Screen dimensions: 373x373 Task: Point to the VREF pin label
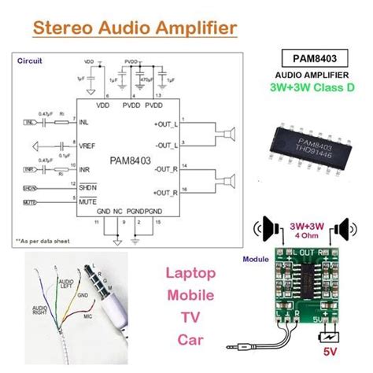pyautogui.click(x=87, y=146)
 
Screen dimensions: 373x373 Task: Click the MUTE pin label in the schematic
pyautogui.click(x=87, y=201)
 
